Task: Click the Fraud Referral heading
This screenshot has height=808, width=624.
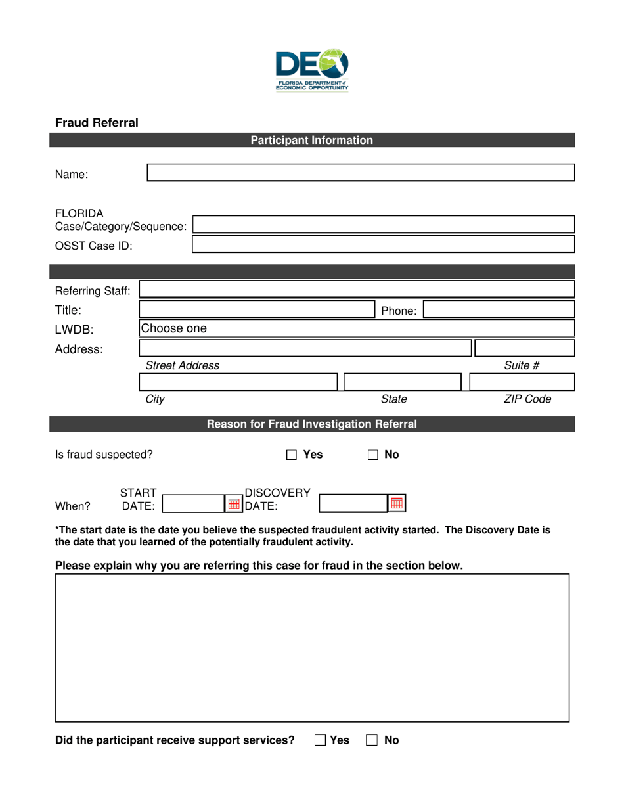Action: [97, 122]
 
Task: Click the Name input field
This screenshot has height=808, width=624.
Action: [360, 173]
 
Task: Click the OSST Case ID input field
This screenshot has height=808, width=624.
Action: [383, 245]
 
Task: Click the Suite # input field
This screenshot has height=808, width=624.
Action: [524, 348]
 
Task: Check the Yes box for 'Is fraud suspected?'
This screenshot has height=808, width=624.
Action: [294, 455]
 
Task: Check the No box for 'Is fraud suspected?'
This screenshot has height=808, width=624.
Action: [373, 455]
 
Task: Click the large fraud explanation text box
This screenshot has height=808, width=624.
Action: [312, 648]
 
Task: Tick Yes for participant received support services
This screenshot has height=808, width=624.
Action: [320, 740]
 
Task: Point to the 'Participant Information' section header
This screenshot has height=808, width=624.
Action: [312, 140]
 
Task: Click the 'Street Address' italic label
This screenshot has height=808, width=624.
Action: [183, 365]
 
